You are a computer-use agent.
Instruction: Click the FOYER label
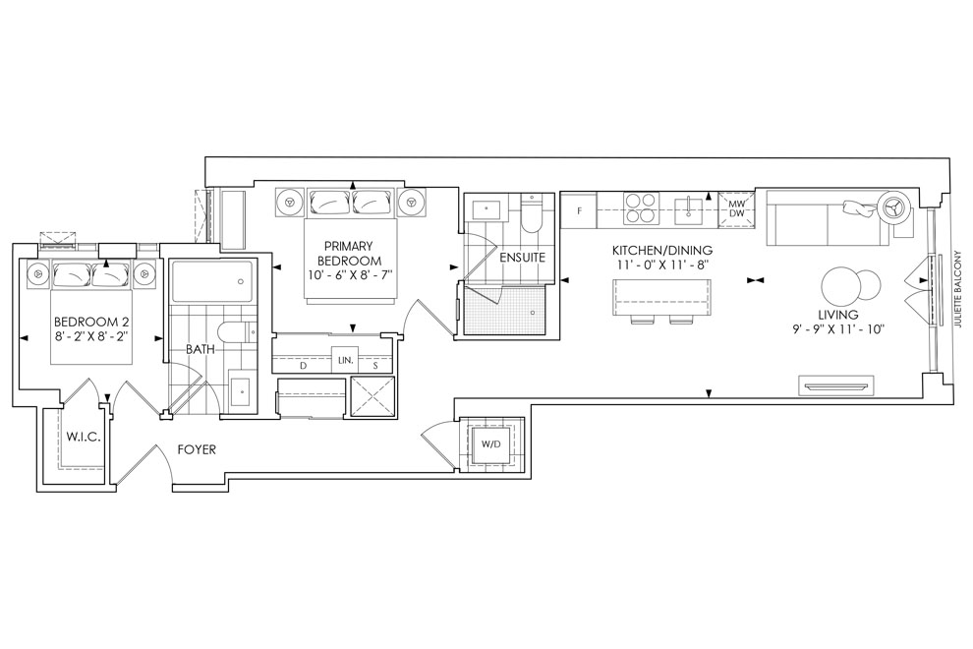(x=197, y=449)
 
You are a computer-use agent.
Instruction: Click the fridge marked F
(x=579, y=210)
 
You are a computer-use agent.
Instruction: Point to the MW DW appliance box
(x=736, y=208)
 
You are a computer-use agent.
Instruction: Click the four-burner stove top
(x=641, y=208)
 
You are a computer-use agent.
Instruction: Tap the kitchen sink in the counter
(x=689, y=209)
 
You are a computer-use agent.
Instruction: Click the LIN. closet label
(x=345, y=360)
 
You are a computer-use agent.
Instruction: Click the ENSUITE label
(x=523, y=257)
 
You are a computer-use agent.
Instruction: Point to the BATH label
(x=200, y=350)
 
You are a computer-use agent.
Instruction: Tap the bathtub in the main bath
(x=211, y=280)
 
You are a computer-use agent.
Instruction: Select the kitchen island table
(x=661, y=298)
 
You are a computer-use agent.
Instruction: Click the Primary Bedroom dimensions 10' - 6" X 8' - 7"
(x=349, y=274)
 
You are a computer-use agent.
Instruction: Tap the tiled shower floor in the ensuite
(x=505, y=311)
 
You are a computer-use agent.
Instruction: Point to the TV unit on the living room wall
(x=834, y=385)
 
